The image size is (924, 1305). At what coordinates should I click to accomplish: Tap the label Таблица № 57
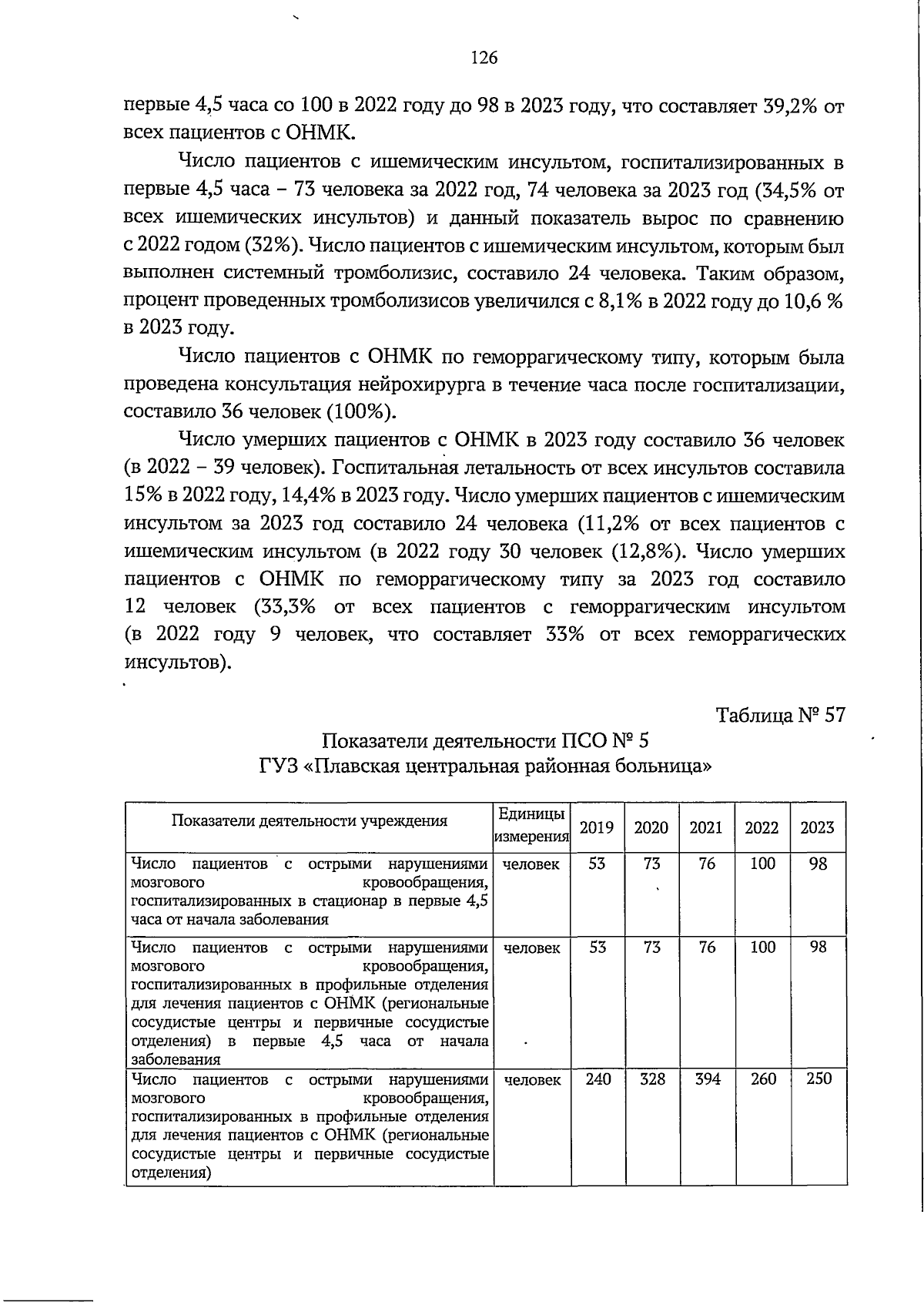pyautogui.click(x=781, y=715)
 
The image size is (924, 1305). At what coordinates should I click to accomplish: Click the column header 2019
pyautogui.click(x=596, y=827)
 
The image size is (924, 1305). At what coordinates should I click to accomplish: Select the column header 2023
pyautogui.click(x=817, y=827)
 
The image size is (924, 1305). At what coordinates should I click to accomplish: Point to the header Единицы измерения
pyautogui.click(x=531, y=824)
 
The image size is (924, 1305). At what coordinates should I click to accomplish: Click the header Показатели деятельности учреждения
pyautogui.click(x=309, y=820)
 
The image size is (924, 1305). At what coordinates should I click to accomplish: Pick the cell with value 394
pyautogui.click(x=707, y=1079)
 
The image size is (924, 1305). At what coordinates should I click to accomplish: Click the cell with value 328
pyautogui.click(x=652, y=1079)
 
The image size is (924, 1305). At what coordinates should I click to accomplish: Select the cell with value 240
pyautogui.click(x=598, y=1079)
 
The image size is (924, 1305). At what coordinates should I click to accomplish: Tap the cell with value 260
pyautogui.click(x=762, y=1079)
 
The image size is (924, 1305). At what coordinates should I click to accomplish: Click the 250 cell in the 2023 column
pyautogui.click(x=819, y=1079)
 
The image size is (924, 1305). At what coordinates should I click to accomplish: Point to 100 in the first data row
pyautogui.click(x=762, y=864)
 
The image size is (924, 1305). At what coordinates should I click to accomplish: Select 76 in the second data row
pyautogui.click(x=707, y=948)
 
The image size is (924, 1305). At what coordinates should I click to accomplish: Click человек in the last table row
pyautogui.click(x=531, y=1080)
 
